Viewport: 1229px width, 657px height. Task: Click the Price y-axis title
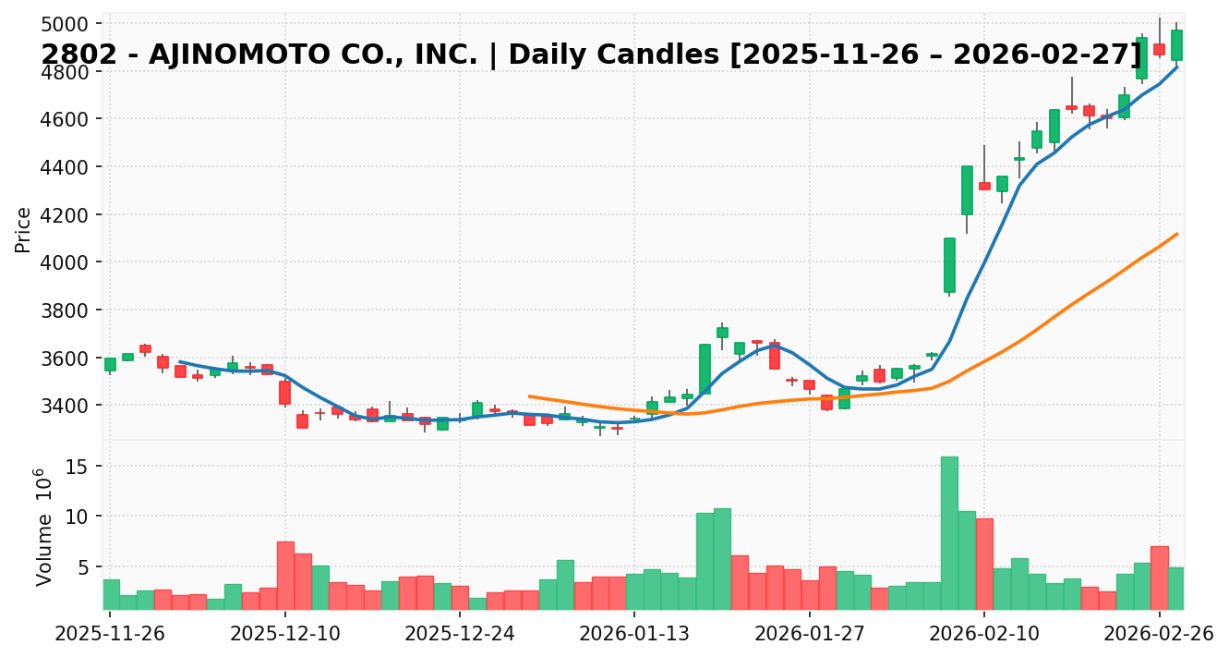click(23, 229)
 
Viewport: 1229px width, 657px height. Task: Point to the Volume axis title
click(43, 527)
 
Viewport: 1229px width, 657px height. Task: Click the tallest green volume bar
click(949, 533)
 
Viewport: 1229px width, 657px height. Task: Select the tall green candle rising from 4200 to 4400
click(967, 190)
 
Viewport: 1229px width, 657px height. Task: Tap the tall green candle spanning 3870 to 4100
click(949, 265)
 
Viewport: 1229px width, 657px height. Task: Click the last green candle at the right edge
click(1176, 45)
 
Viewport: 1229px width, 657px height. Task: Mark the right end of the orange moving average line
click(1176, 234)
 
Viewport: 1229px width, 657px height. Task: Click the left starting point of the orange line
click(529, 396)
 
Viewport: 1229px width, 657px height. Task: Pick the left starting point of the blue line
click(179, 361)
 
